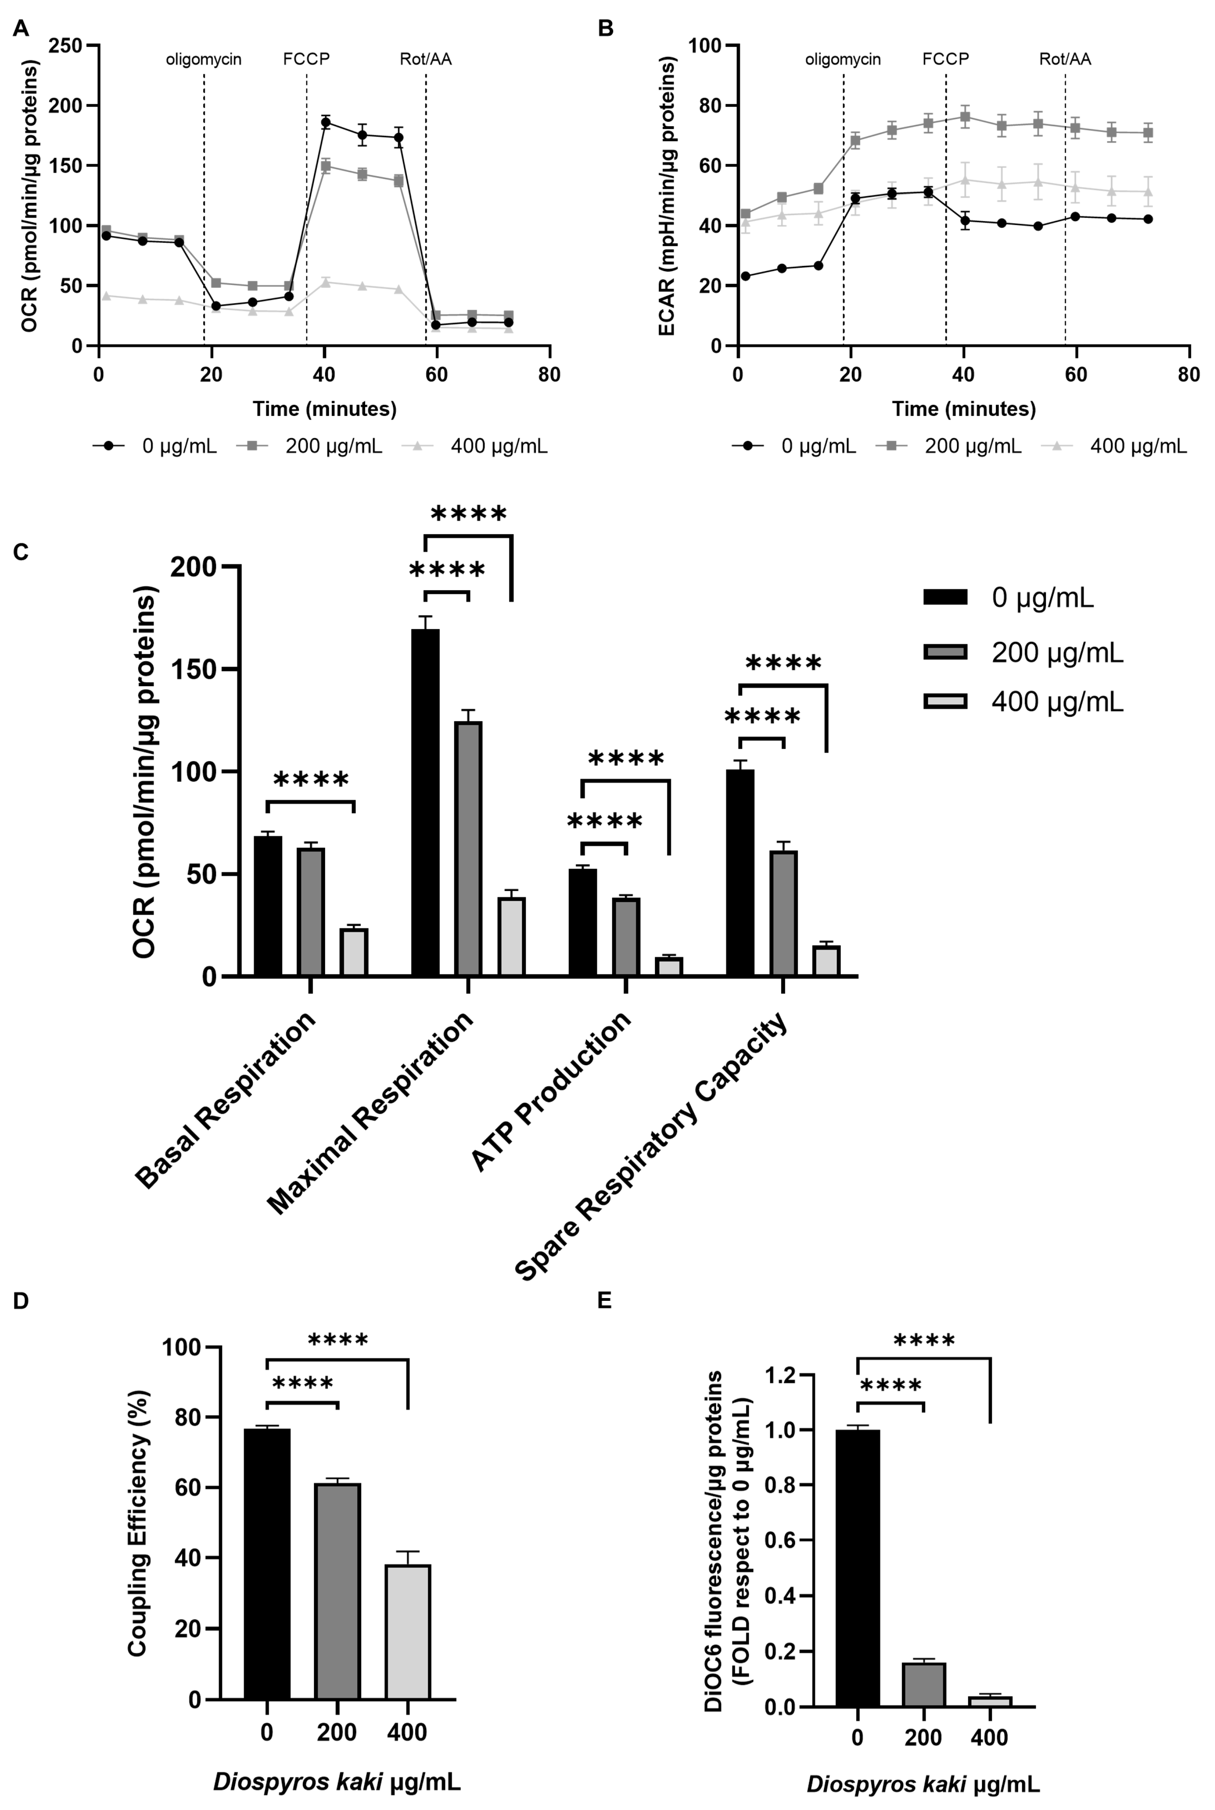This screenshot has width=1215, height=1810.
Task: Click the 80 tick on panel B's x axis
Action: coord(1188,375)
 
